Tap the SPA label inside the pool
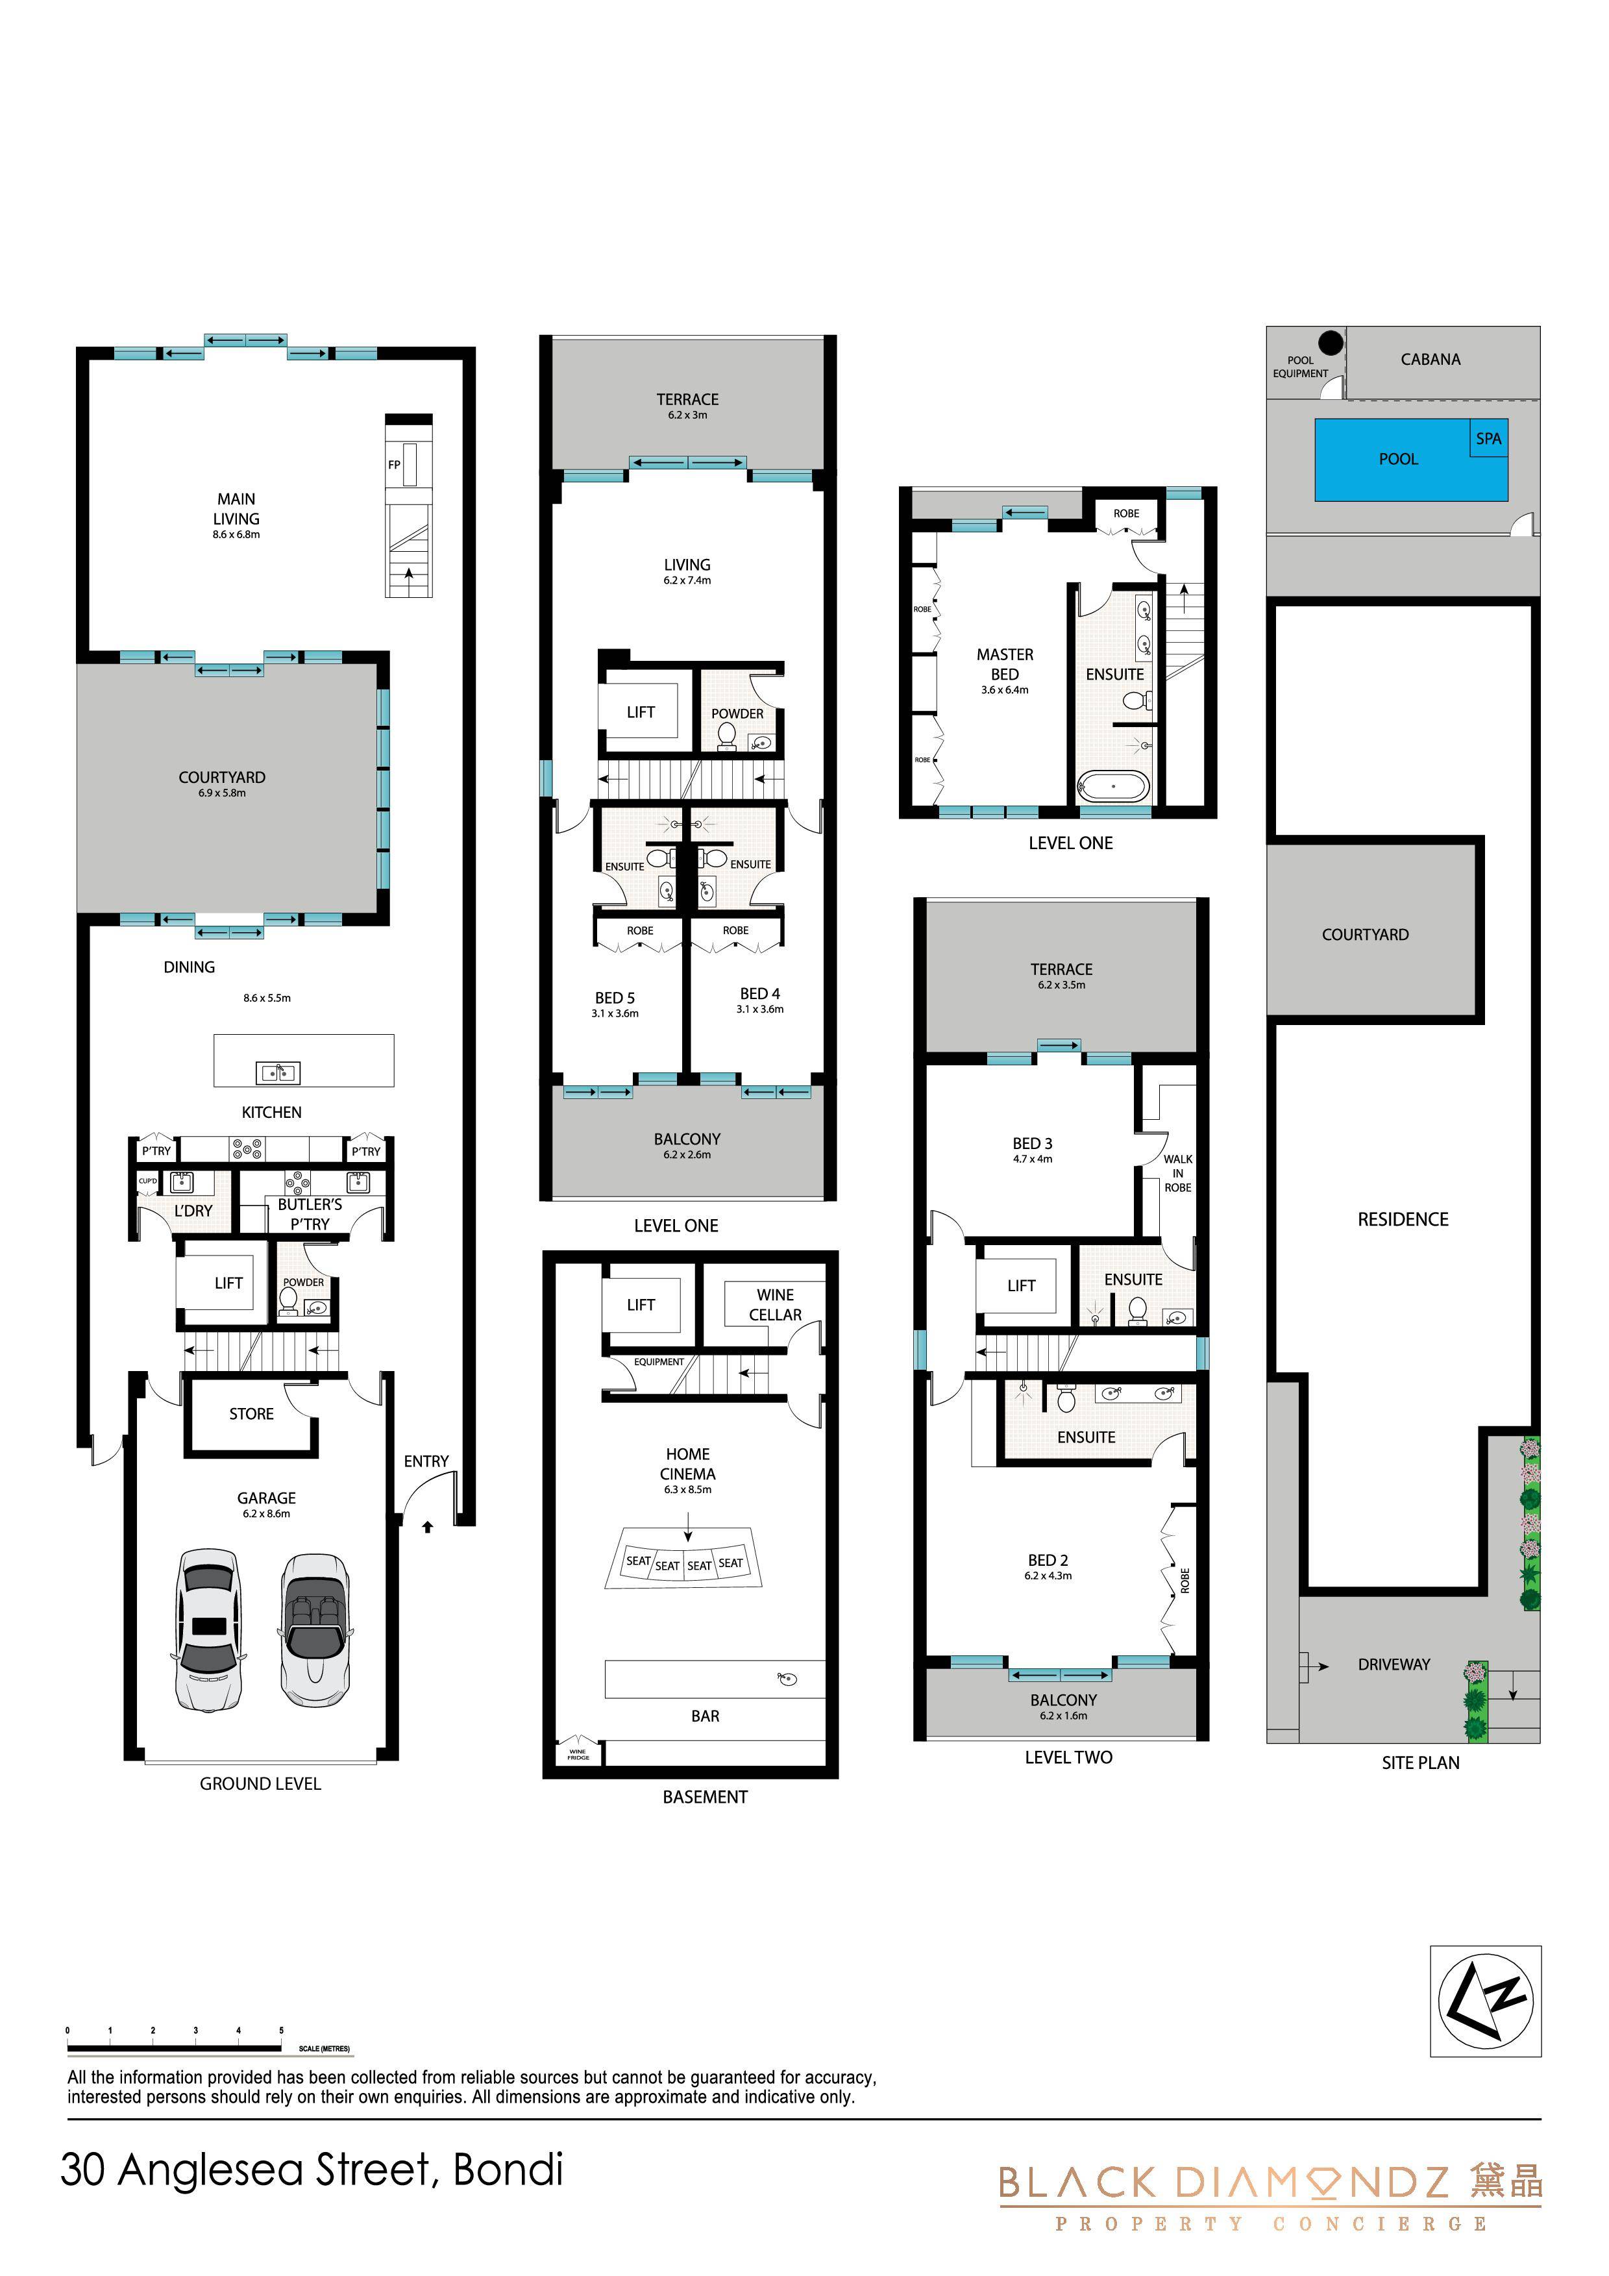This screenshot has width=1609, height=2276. (1488, 438)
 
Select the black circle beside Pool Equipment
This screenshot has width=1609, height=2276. (1331, 343)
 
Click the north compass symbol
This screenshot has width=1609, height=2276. (1486, 1999)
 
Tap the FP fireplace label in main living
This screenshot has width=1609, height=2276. (393, 465)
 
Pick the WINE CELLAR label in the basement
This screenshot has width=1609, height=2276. (775, 1305)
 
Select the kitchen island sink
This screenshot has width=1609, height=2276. (278, 1072)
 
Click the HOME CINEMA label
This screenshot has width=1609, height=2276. (687, 1464)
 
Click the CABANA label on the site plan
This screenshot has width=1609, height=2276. (1430, 359)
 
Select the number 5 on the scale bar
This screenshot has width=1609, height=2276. (282, 2031)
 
